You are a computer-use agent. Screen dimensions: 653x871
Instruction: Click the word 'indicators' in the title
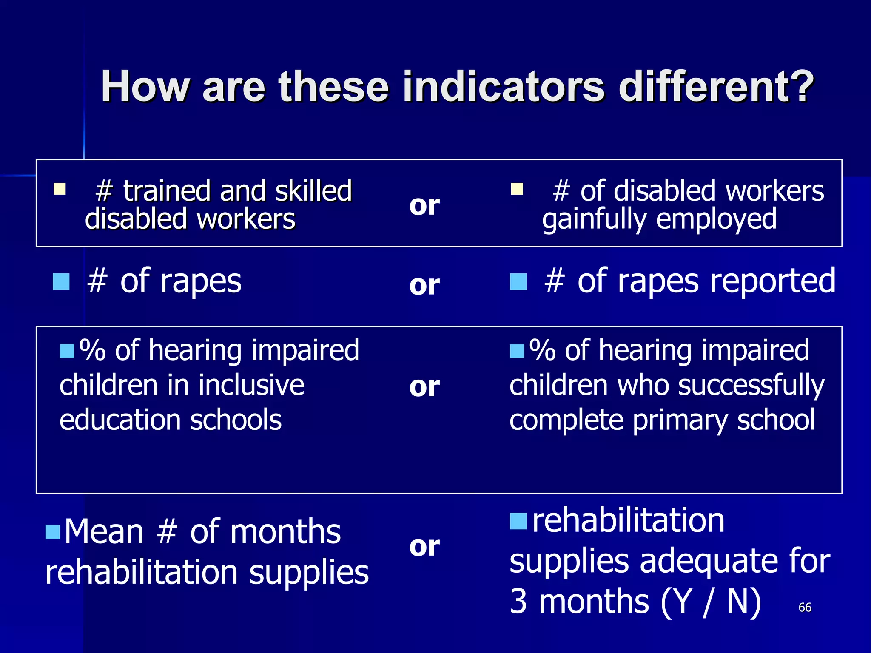(504, 87)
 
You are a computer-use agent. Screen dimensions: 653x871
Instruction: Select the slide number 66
(805, 607)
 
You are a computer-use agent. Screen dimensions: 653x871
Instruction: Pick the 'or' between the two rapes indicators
(424, 285)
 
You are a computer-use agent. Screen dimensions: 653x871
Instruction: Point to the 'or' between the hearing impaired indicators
(424, 387)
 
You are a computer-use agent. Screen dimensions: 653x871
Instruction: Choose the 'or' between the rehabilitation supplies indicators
(424, 547)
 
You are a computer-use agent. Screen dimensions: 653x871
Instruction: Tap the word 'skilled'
(313, 191)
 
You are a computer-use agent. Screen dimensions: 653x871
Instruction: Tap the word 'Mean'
(104, 532)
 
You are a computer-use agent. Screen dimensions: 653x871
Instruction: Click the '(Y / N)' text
(711, 602)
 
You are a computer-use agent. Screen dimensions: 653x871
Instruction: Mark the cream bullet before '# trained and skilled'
(60, 189)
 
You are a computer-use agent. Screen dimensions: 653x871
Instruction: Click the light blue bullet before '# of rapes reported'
(518, 281)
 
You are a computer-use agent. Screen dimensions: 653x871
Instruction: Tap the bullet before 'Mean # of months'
(53, 532)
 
